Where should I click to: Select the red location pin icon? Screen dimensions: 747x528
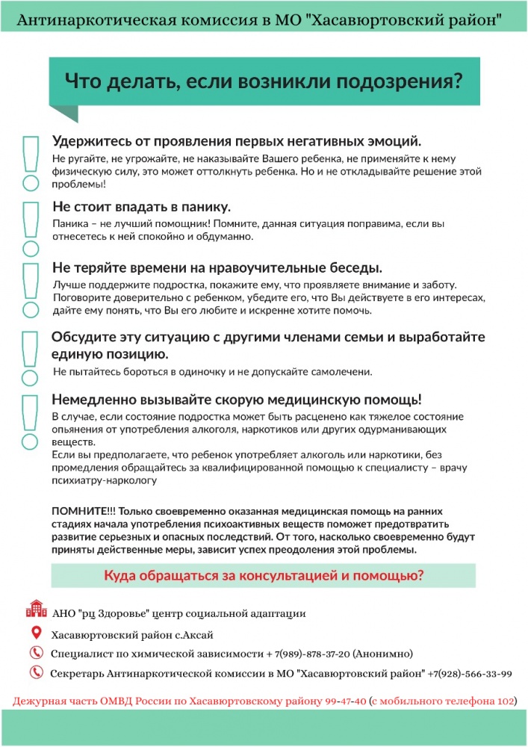(35, 633)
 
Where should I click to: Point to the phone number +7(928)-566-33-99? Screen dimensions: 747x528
(470, 673)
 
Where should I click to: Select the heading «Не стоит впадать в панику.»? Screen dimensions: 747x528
(141, 206)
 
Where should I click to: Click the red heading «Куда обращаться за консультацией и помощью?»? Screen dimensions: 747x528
(264, 575)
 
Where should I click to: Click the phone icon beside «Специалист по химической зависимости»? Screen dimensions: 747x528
(35, 652)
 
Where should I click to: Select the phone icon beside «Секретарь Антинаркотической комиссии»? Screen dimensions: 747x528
(35, 672)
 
